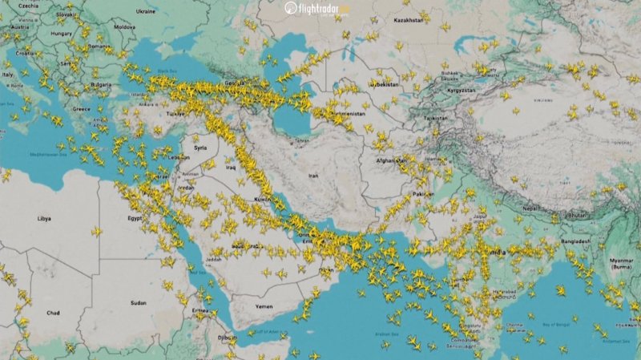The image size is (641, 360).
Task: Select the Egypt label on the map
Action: pos(134,217)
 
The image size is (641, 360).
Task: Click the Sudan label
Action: pos(139,304)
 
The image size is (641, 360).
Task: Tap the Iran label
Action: pos(313,175)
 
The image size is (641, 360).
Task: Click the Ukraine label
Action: pos(146,12)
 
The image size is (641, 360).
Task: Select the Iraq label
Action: pos(231,168)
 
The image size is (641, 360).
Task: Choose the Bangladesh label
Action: pos(576,241)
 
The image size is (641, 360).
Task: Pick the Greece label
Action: pos(81,108)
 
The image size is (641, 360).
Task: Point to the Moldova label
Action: pos(124,26)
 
